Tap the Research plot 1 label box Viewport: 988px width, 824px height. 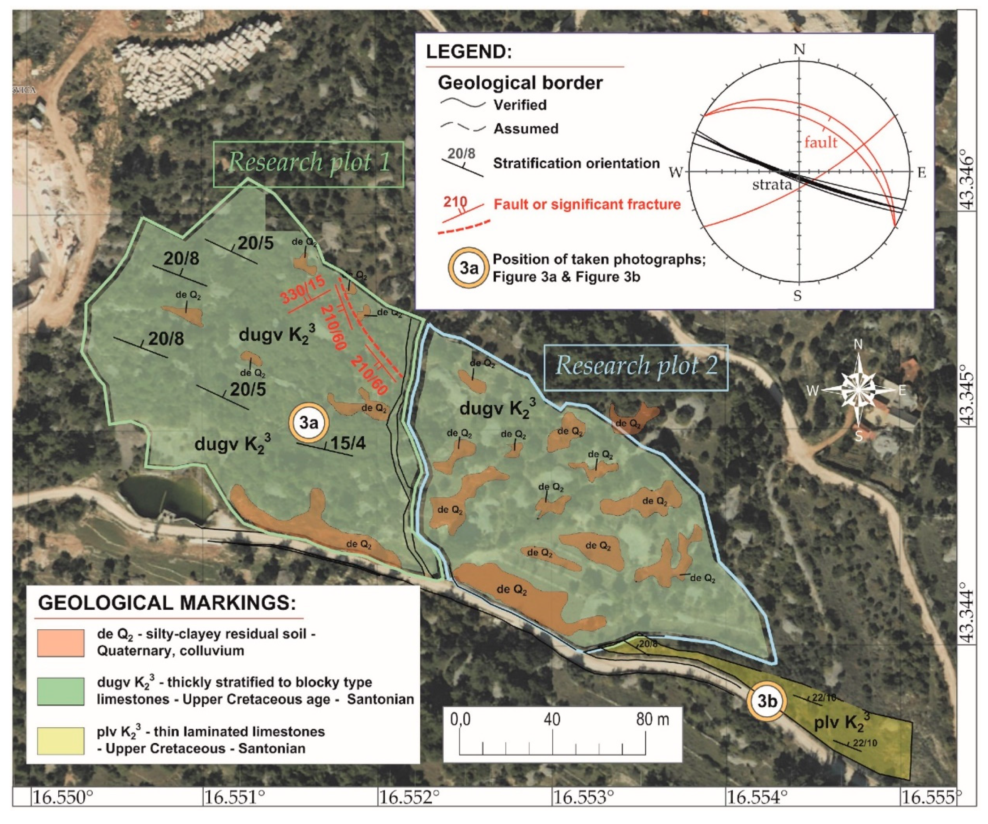pyautogui.click(x=309, y=163)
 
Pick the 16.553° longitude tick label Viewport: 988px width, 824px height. pyautogui.click(x=584, y=797)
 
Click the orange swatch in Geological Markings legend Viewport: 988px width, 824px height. pyautogui.click(x=61, y=643)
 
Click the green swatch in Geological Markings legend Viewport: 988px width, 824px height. pyautogui.click(x=61, y=691)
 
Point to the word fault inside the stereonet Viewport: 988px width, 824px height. pyautogui.click(x=821, y=142)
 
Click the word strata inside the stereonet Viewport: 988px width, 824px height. pyautogui.click(x=772, y=185)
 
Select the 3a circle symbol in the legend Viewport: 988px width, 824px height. pyautogui.click(x=468, y=268)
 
